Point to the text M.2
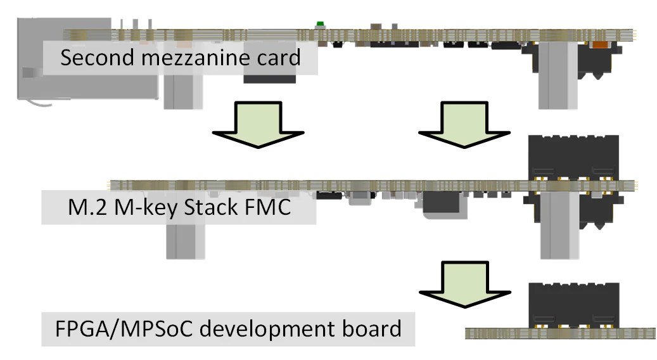[86, 208]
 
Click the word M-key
[141, 208]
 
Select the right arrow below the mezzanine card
[464, 124]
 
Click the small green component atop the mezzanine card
[320, 24]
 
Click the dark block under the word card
[271, 79]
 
